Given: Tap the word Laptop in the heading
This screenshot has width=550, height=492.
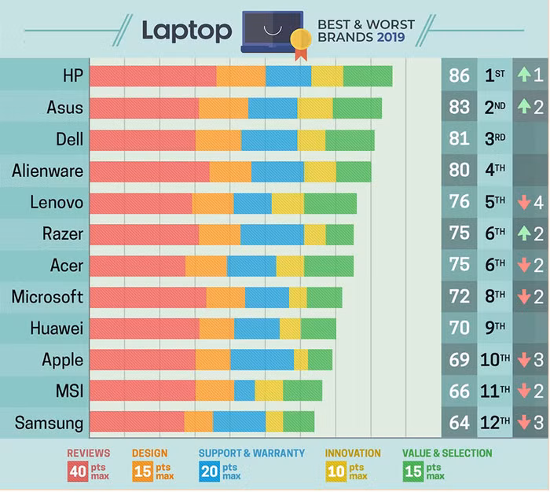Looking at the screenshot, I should (187, 31).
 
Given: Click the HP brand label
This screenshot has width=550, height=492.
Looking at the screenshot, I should (70, 75).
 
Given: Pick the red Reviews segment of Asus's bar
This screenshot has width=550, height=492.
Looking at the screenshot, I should (144, 108).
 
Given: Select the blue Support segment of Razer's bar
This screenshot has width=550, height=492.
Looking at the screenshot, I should (272, 234).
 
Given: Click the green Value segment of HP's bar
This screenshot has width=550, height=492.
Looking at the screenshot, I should (368, 75).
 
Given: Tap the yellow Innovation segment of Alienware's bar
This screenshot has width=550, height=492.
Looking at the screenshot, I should (320, 171).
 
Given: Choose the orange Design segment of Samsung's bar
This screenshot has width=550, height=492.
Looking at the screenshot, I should (199, 422).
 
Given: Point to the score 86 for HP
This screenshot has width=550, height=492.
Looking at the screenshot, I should (460, 75).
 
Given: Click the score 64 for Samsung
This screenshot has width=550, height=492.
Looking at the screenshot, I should (460, 422).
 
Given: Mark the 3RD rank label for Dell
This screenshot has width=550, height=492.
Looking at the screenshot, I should (495, 139).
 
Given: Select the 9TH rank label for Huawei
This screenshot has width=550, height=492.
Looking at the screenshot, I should (495, 328).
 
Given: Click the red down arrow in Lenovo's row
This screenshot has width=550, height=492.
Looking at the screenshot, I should (523, 202).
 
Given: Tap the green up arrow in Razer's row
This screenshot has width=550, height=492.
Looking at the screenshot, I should (523, 233).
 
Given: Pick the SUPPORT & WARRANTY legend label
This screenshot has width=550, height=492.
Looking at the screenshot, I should (251, 453).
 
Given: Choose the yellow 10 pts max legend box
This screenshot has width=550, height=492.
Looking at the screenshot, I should (335, 471).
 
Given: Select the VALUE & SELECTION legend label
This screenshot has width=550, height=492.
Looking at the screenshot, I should (447, 453).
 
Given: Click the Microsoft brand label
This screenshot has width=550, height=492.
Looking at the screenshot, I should (47, 296).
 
